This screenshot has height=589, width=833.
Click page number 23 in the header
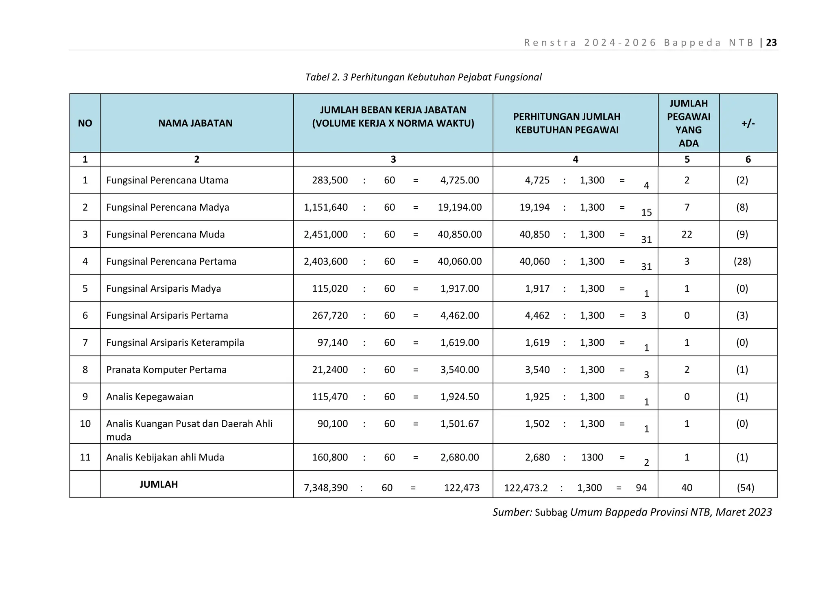771,43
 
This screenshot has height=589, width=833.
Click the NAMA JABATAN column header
195,123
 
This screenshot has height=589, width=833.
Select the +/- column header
748,123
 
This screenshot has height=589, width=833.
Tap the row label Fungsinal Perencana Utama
167,180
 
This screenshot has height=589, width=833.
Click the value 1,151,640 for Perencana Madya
325,207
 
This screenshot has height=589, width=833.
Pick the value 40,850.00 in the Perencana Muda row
459,234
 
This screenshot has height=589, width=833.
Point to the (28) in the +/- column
742,262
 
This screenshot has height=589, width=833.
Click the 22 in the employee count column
687,234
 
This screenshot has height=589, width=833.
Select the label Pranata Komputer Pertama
166,370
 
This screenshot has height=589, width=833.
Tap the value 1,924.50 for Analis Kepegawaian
459,397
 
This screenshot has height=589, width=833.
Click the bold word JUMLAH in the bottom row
159,484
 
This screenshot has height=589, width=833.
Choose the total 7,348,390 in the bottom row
325,488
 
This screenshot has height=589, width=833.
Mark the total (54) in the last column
745,488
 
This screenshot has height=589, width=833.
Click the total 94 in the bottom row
641,488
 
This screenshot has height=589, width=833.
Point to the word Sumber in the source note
511,512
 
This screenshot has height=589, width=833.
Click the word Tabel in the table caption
317,77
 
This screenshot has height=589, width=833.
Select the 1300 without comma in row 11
592,458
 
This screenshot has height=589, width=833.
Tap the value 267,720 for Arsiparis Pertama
329,316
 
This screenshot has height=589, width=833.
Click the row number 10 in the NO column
85,424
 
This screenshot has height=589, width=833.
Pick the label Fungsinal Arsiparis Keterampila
175,343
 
